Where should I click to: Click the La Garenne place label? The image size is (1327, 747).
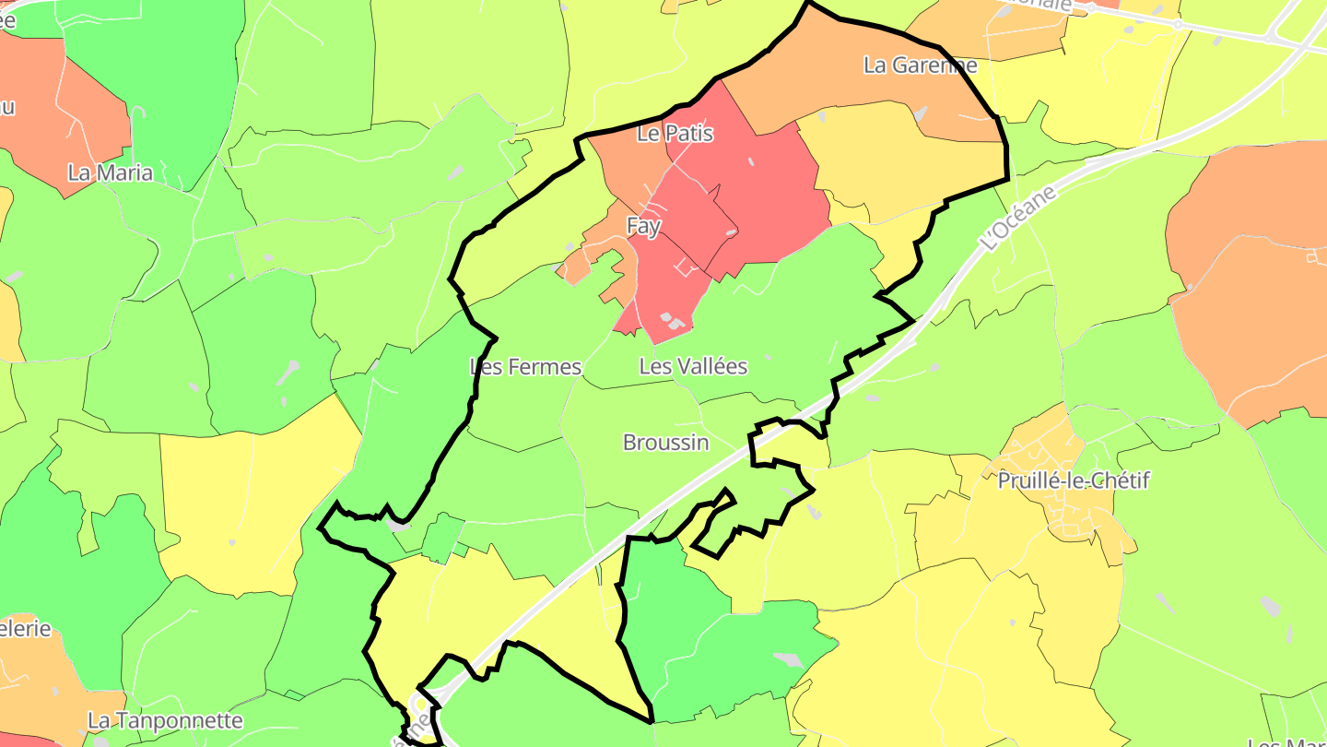tap(920, 65)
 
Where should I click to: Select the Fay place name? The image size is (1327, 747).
tap(643, 226)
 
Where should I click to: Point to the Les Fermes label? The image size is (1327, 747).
tap(525, 367)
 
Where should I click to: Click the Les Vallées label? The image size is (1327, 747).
tap(693, 367)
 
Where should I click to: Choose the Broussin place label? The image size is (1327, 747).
tap(665, 443)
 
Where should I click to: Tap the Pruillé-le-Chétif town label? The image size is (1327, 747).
tap(1074, 480)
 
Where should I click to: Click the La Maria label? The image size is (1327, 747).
tap(111, 172)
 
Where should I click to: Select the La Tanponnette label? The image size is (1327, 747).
tap(165, 720)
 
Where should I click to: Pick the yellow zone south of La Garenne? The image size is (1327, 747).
tap(885, 166)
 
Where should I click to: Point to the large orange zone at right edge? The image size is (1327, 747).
tap(1253, 277)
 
